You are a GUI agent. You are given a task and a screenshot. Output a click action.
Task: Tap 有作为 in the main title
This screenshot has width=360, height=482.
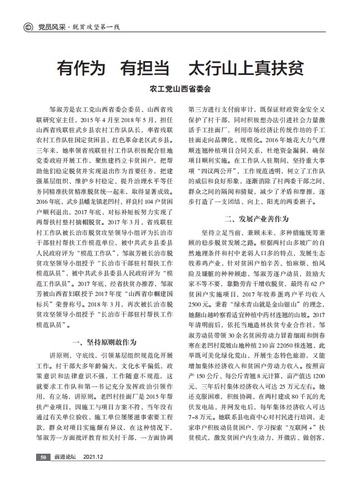pyautogui.click(x=82, y=68)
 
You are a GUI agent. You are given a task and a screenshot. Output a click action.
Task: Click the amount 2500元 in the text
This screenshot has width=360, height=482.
pyautogui.click(x=199, y=305)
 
